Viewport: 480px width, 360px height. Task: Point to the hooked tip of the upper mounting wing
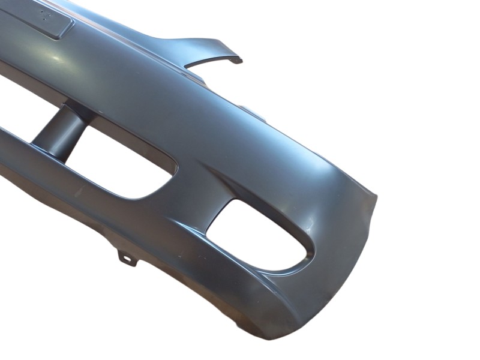(x=238, y=60)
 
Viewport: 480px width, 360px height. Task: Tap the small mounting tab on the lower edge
(x=127, y=258)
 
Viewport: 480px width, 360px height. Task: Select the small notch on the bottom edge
(x=240, y=325)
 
